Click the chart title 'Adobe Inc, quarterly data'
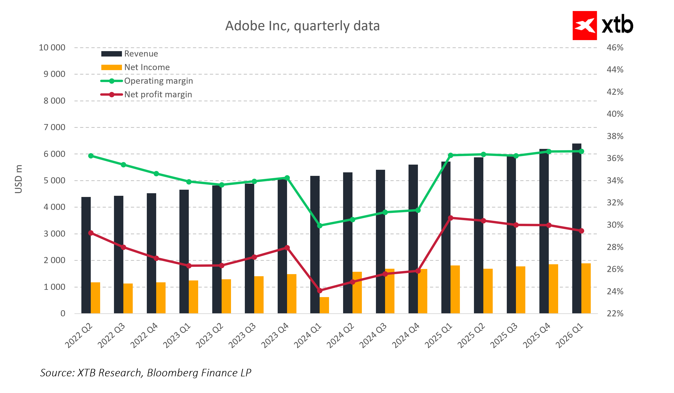pyautogui.click(x=302, y=26)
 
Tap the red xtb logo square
pyautogui.click(x=584, y=26)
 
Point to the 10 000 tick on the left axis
pyautogui.click(x=52, y=48)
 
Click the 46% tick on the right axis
pyautogui.click(x=615, y=48)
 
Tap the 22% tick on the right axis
pyautogui.click(x=615, y=313)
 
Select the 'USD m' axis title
pyautogui.click(x=18, y=179)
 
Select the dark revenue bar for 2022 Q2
pyautogui.click(x=86, y=255)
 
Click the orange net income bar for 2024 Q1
pyautogui.click(x=324, y=305)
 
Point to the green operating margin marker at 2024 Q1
pyautogui.click(x=320, y=226)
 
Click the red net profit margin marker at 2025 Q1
pyautogui.click(x=451, y=218)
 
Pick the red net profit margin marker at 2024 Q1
pyautogui.click(x=320, y=291)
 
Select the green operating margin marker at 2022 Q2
pyautogui.click(x=91, y=156)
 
